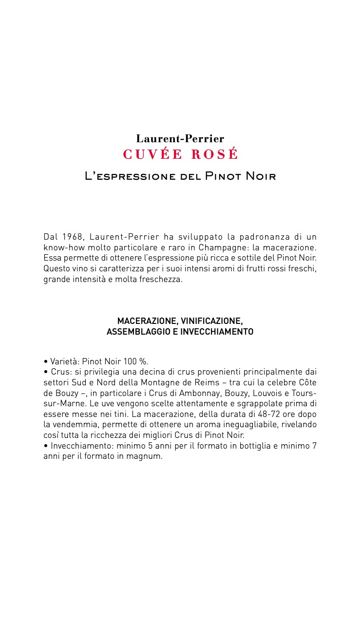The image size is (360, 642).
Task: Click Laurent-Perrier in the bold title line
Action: [180, 139]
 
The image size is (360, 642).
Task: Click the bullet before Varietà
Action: [45, 362]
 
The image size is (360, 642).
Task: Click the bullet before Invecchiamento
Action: [45, 446]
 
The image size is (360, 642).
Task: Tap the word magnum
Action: [147, 457]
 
